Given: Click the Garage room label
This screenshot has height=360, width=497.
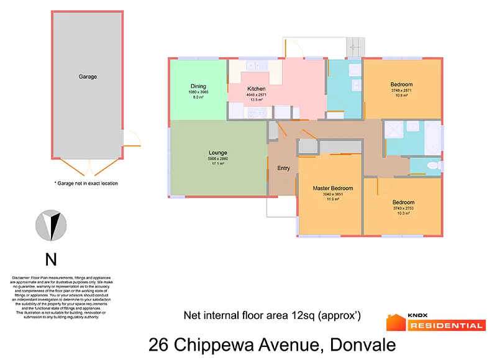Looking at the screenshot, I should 88,77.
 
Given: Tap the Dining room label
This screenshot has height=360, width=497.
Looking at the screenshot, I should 198,86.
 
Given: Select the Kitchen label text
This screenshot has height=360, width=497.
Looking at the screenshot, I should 257,89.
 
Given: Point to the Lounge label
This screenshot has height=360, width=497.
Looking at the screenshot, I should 217,153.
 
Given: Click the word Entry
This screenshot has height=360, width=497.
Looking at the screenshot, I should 283,168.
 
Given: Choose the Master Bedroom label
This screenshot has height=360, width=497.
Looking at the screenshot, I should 332,188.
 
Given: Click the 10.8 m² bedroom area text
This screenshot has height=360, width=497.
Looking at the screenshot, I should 401,96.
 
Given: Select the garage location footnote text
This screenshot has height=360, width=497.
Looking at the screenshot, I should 86,183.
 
